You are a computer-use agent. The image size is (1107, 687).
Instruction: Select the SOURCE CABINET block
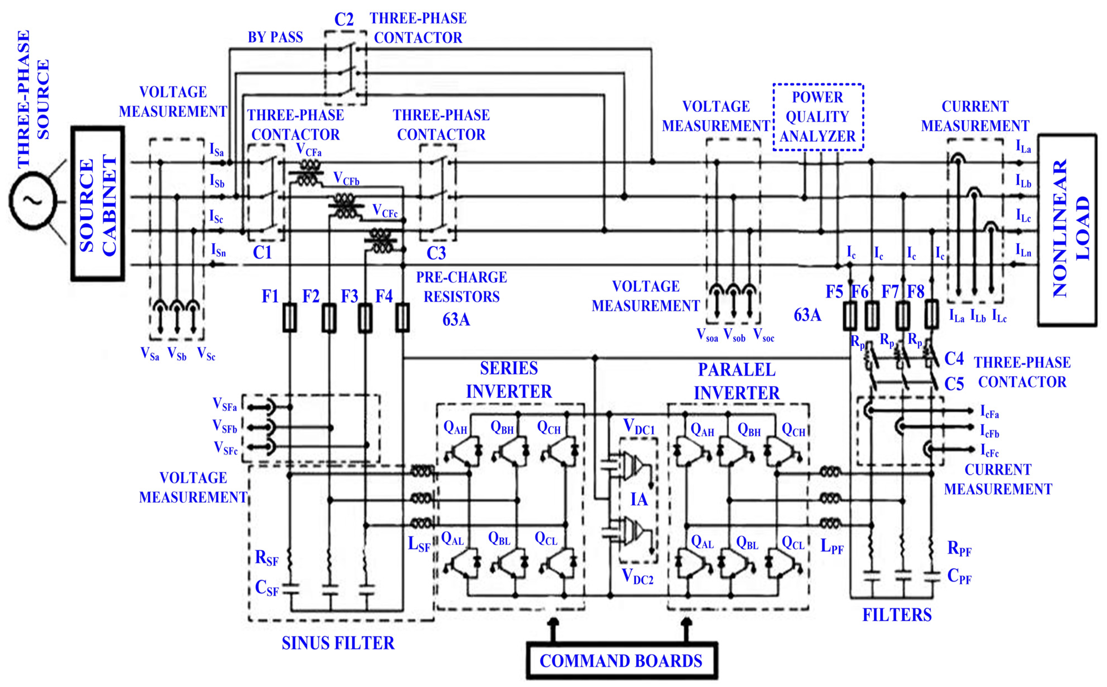(x=98, y=204)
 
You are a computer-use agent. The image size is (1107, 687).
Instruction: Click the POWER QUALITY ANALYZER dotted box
(x=817, y=117)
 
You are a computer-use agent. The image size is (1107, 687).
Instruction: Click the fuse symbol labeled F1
(x=289, y=318)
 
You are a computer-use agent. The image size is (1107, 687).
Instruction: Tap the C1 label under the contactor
(x=262, y=253)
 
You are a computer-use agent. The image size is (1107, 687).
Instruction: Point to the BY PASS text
(x=275, y=37)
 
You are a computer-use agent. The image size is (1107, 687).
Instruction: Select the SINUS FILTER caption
(x=338, y=643)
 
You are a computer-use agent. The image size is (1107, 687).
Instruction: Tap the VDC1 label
(x=639, y=427)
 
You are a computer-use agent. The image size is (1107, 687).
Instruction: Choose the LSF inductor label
(x=418, y=544)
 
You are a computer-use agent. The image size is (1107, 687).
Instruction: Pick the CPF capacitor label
(x=959, y=576)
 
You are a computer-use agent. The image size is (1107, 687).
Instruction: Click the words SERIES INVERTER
(x=509, y=380)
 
